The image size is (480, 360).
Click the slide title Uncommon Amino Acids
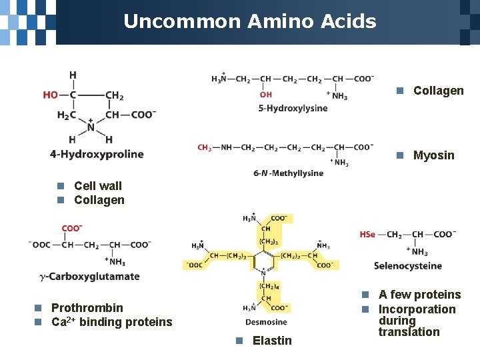249,21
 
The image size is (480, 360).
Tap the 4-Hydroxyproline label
97,155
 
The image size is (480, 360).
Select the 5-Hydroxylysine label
293,108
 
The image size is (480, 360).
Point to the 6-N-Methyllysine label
288,173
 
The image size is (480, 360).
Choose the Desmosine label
266,323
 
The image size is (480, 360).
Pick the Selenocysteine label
407,266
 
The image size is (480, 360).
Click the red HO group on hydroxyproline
51,95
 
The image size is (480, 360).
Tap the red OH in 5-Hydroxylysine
266,95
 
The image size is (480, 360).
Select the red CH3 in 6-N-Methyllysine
205,147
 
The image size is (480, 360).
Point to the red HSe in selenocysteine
367,235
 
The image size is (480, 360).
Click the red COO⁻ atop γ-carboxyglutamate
71,229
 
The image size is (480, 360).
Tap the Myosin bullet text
433,155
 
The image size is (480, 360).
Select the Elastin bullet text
272,341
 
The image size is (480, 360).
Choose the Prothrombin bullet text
87,308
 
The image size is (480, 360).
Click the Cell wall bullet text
98,186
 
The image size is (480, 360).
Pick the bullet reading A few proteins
419,295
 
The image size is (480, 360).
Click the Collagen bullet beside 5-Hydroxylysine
438,91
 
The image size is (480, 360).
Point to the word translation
409,332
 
